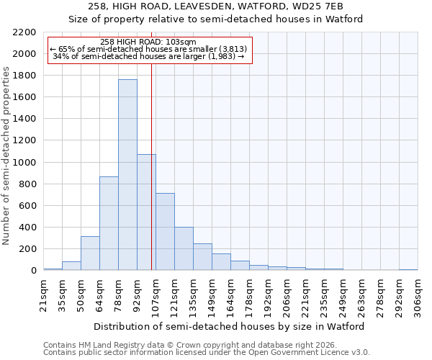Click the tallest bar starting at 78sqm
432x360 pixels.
click(127, 175)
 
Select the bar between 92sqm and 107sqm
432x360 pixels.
click(146, 212)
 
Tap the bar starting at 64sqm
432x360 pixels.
click(109, 223)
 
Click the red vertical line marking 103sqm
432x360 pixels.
click(152, 166)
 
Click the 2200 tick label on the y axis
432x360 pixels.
click(24, 32)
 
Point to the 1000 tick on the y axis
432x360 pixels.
click(24, 163)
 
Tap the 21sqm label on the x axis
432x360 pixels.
click(43, 294)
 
